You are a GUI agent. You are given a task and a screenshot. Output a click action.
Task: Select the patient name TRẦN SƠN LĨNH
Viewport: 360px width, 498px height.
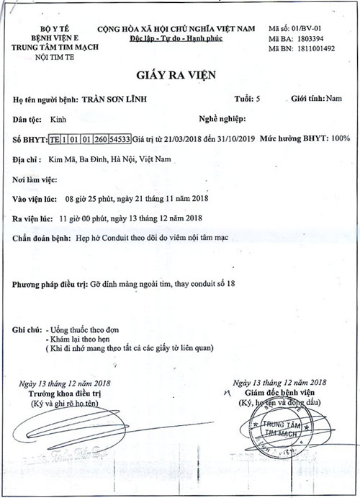(133, 100)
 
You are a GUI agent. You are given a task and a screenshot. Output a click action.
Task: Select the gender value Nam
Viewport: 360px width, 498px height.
(333, 99)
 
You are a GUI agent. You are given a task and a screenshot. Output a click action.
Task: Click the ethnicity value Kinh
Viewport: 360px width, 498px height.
(60, 119)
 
